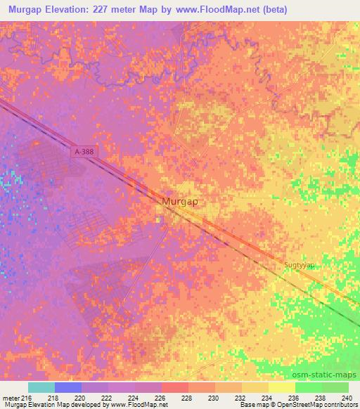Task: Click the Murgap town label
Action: pyautogui.click(x=179, y=202)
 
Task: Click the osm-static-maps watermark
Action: pyautogui.click(x=328, y=375)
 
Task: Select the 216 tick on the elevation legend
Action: pyautogui.click(x=27, y=398)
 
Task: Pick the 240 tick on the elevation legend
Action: pyautogui.click(x=345, y=398)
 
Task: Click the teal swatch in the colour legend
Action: pyautogui.click(x=41, y=387)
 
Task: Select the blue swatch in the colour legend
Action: pyautogui.click(x=68, y=387)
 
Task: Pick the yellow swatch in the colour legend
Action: pyautogui.click(x=281, y=387)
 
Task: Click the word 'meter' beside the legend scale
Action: pyautogui.click(x=10, y=398)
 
